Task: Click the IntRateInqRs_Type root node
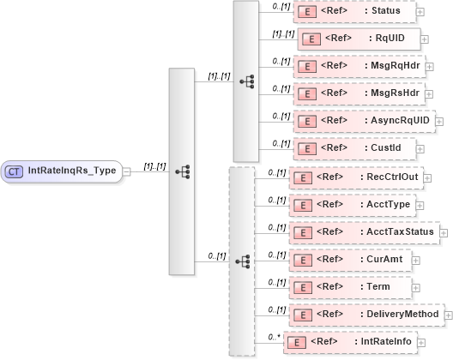(62, 171)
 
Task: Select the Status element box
(353, 11)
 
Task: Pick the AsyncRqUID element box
(363, 121)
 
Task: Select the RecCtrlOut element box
(360, 177)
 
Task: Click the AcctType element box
(352, 205)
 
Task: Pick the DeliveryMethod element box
(366, 315)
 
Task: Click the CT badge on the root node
(15, 171)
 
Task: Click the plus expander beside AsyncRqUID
(440, 122)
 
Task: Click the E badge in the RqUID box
(313, 39)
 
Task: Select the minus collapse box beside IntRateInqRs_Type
(126, 171)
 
